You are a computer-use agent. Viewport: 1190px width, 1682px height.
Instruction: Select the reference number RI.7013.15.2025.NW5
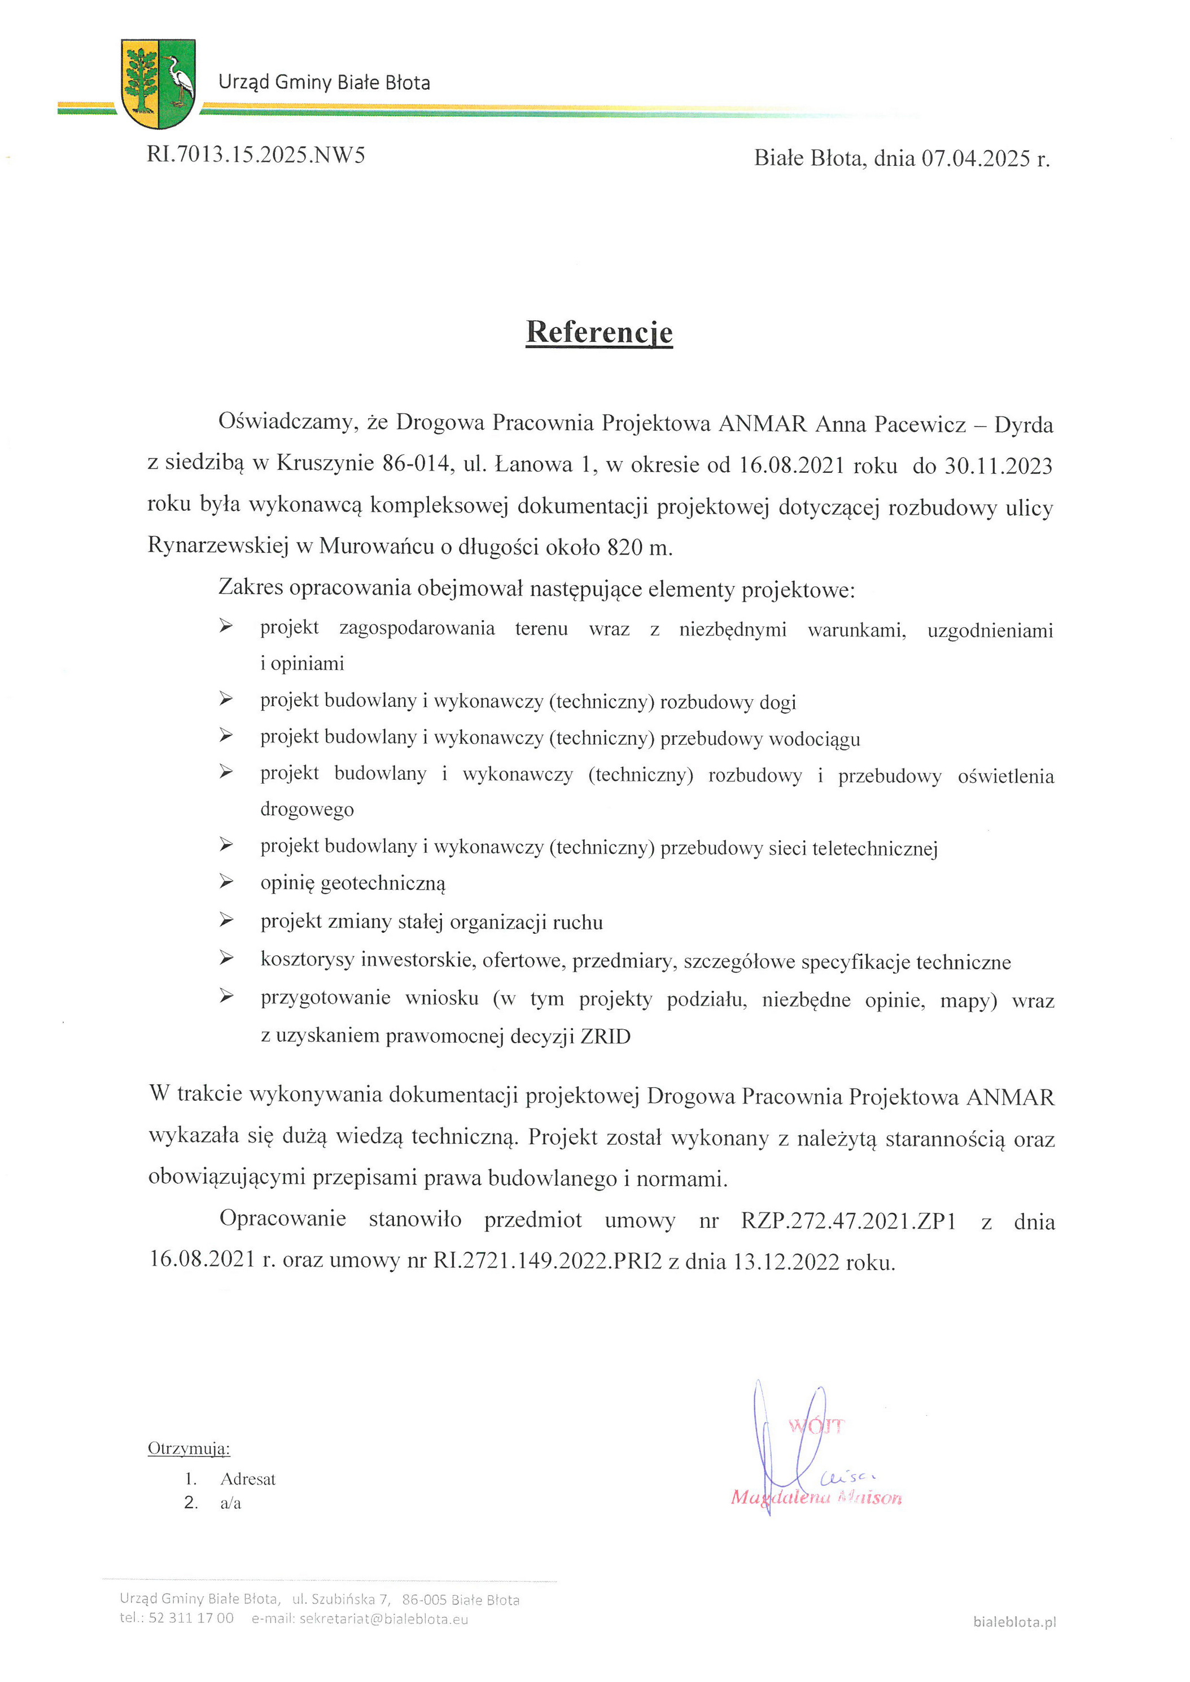point(256,155)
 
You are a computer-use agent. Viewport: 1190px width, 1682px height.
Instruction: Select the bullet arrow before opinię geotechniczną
point(226,881)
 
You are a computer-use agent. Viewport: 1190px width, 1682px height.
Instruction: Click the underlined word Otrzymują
point(189,1448)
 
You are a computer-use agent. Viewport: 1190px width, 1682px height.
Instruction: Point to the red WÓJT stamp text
point(816,1426)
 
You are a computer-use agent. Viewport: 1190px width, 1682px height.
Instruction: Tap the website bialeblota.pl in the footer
point(1014,1622)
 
